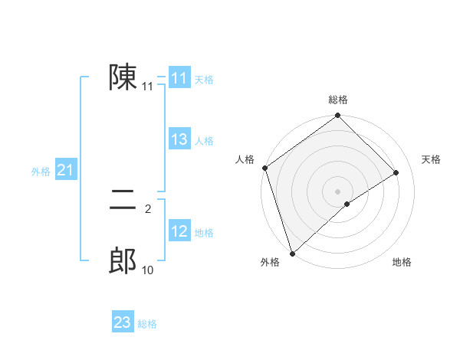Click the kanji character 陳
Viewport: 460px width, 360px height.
[123, 77]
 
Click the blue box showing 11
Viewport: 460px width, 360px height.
[179, 78]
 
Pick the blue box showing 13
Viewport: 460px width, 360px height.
[179, 139]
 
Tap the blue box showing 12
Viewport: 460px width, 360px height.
[179, 231]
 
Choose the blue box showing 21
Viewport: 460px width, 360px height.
[65, 170]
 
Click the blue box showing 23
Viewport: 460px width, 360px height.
[123, 322]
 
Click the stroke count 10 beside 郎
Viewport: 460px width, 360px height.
[147, 270]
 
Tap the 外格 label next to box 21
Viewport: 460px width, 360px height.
[41, 172]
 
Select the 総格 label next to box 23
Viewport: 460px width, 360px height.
[147, 324]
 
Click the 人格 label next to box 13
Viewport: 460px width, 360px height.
[204, 141]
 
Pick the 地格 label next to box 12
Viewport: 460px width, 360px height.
[204, 233]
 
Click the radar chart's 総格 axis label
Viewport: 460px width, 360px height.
[338, 100]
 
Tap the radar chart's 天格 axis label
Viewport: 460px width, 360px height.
[431, 159]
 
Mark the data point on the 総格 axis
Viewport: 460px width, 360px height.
[338, 116]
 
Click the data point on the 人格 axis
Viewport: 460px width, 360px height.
[264, 168]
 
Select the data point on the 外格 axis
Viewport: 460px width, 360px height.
[292, 253]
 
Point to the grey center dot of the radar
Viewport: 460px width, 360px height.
[337, 191]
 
